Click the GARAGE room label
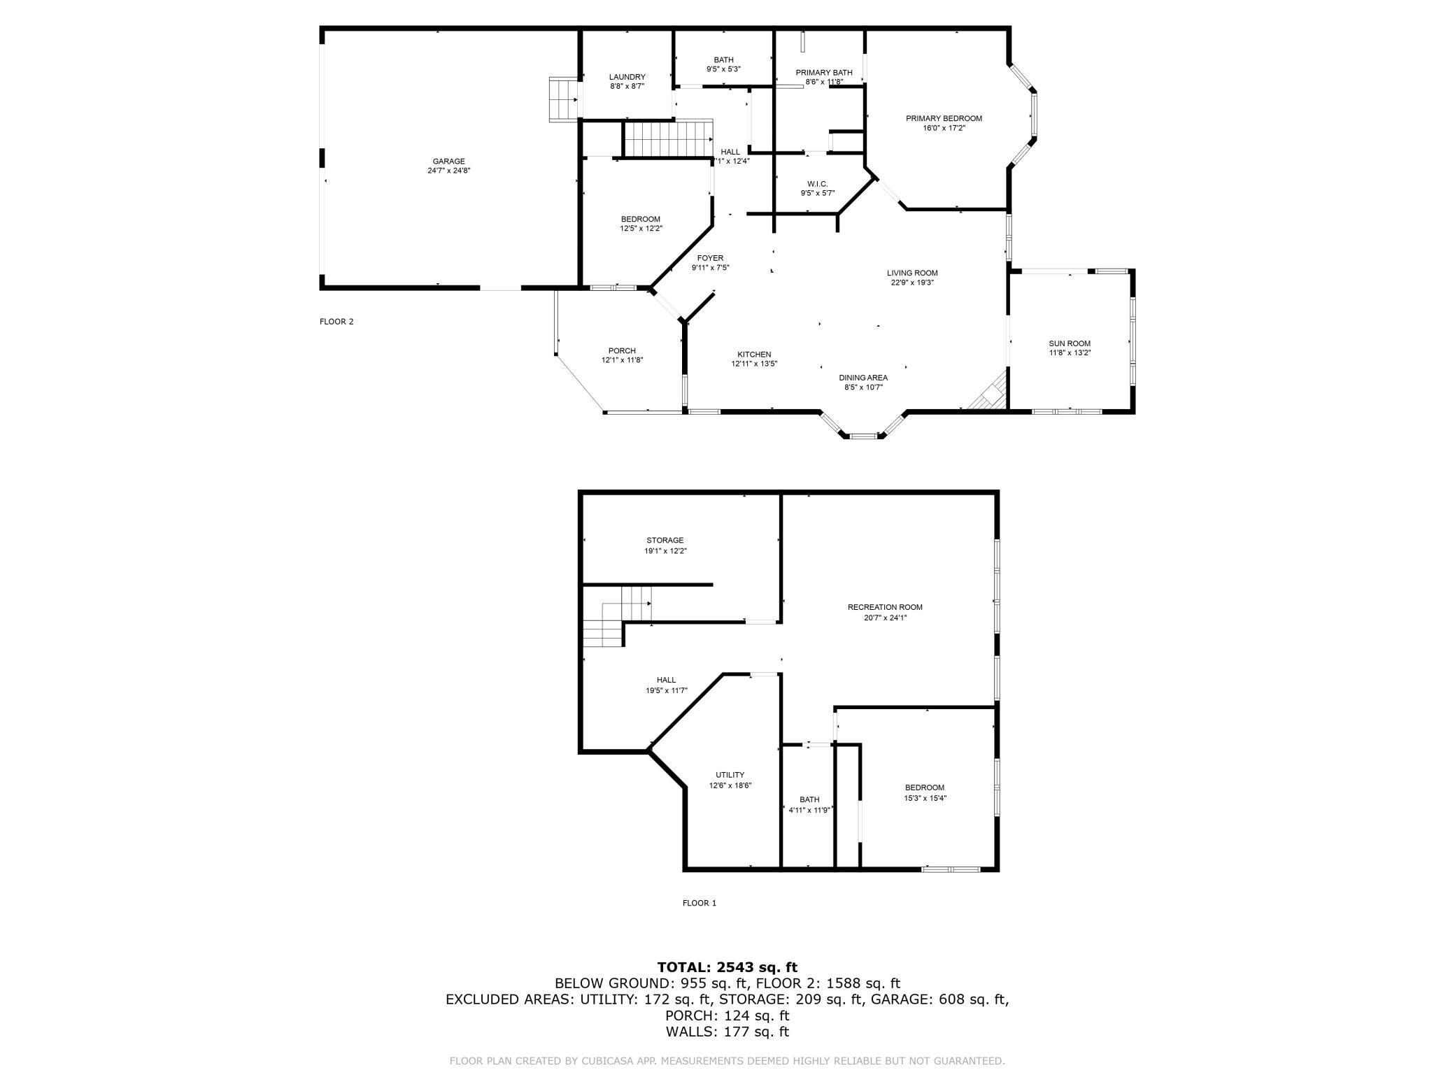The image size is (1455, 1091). pos(448,162)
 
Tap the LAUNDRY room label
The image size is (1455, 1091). pos(627,77)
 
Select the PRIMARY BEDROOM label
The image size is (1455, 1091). pos(944,119)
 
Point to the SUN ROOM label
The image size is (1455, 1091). pos(1069,343)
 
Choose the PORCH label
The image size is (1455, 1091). pos(622,351)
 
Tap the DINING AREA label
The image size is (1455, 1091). pos(863,378)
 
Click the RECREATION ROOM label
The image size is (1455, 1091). pos(885,607)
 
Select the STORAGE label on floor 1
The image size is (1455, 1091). pos(665,541)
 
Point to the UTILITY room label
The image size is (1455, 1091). pos(730,775)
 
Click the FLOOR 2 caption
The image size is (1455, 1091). pos(336,322)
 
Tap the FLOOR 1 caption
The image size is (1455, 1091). pos(700,903)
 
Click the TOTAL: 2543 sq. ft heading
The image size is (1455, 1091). pos(727,967)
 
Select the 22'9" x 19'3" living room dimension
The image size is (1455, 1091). pos(912,283)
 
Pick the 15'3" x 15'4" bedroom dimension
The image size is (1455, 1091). pos(925,798)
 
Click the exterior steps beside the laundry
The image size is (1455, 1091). pos(563,99)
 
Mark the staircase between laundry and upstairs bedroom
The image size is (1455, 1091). pos(667,138)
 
